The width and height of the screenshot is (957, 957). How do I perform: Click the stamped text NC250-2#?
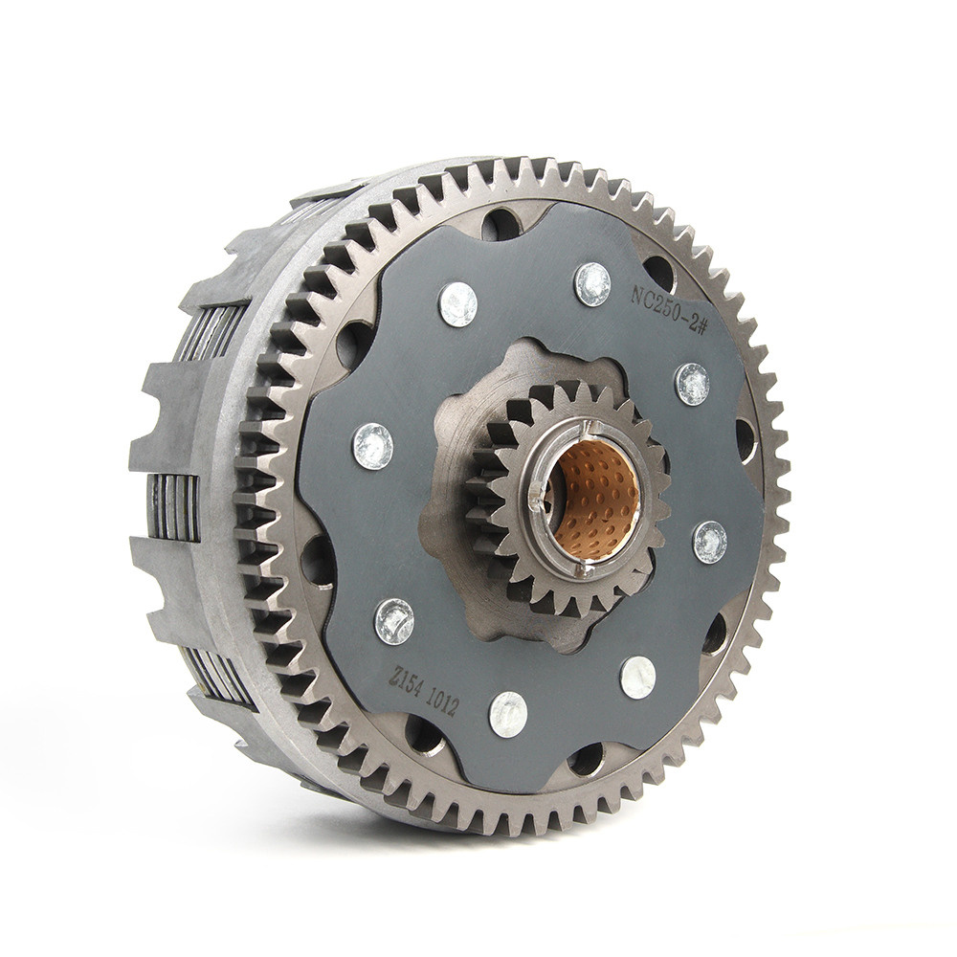667,311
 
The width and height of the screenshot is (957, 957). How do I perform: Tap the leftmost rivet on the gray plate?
372,446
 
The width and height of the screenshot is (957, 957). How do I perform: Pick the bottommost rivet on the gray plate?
508,714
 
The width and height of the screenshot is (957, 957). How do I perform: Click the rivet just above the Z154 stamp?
393,621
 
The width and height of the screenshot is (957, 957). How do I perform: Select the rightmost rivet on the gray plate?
710,542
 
